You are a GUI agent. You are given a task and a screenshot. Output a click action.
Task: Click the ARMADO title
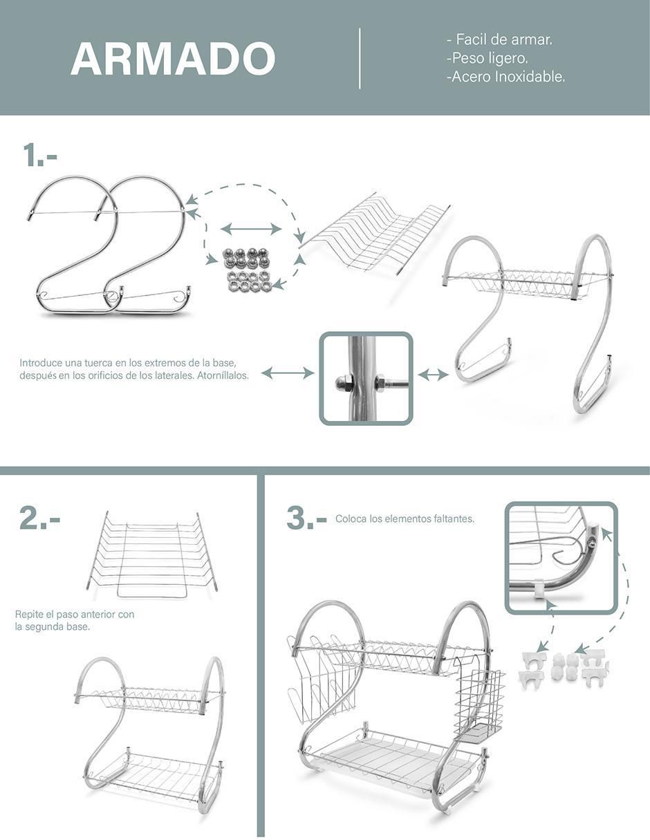click(173, 58)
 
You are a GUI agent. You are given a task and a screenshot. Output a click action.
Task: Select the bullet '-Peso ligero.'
click(488, 58)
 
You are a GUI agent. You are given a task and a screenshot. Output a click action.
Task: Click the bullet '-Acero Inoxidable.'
click(506, 77)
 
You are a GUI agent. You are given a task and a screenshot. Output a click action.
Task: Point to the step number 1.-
click(40, 155)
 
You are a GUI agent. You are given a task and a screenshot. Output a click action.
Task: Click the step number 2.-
click(40, 519)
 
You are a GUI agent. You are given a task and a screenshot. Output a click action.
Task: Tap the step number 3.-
click(306, 518)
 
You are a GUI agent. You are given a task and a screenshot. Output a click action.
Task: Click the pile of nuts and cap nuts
click(245, 269)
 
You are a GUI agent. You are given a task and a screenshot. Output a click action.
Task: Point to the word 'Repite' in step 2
click(28, 614)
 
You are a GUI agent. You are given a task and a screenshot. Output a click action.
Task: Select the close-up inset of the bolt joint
click(366, 378)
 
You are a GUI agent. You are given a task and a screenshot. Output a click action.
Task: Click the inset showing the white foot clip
click(561, 557)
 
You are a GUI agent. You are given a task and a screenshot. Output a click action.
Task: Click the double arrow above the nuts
click(251, 229)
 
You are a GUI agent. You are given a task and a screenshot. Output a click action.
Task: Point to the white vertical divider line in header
click(360, 58)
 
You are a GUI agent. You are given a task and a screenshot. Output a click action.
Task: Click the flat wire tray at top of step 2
click(152, 554)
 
